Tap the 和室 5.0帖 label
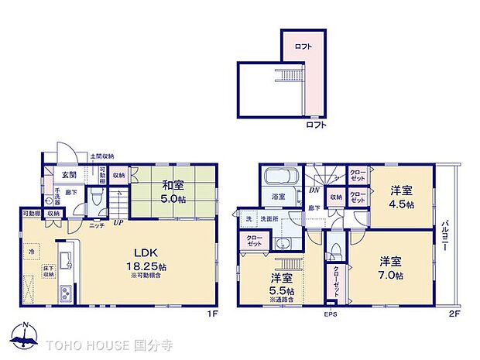click(x=172, y=190)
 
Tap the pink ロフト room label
click(x=303, y=46)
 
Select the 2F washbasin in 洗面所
click(x=283, y=247)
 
